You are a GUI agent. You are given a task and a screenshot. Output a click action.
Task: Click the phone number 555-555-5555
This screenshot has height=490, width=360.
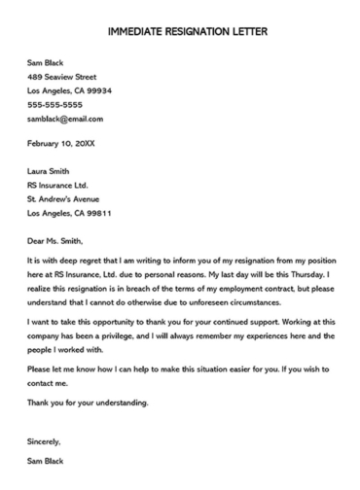55,104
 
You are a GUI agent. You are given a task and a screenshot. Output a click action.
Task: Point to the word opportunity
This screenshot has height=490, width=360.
123,318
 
